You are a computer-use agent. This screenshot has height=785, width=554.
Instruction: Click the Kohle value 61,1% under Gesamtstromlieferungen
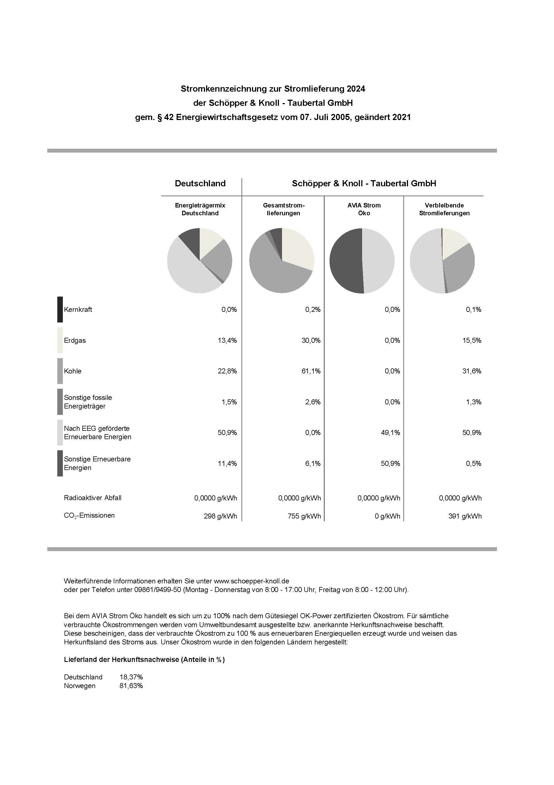click(311, 371)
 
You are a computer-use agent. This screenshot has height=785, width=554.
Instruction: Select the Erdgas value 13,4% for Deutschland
click(227, 340)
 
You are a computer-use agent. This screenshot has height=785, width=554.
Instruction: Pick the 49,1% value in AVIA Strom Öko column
click(390, 432)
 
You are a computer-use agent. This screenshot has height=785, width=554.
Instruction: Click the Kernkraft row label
click(78, 309)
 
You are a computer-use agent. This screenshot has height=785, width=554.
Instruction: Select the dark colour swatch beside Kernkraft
click(60, 309)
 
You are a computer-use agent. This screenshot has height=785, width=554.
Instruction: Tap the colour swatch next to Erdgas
click(60, 340)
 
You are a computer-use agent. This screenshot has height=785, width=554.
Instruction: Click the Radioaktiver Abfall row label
click(93, 498)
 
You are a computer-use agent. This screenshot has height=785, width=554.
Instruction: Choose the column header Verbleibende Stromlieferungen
click(444, 209)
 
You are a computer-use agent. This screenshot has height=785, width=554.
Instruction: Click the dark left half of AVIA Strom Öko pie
click(345, 261)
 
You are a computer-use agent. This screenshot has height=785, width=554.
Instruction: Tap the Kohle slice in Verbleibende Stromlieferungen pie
click(459, 270)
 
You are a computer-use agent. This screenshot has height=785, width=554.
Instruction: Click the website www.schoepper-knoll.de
click(251, 581)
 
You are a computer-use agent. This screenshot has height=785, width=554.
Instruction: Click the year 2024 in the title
click(356, 89)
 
